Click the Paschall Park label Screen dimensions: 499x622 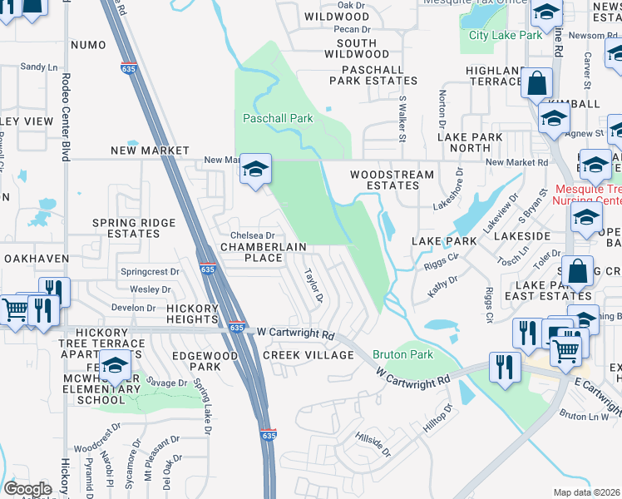pos(278,119)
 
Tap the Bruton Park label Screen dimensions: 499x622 pos(402,355)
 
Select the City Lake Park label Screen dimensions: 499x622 pos(506,35)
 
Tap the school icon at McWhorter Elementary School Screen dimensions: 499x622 pos(116,364)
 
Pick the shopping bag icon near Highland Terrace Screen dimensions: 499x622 pos(537,83)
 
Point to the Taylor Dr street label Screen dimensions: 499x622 pos(313,285)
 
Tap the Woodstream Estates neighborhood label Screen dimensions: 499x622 pos(391,180)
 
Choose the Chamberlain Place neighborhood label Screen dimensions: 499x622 pos(263,253)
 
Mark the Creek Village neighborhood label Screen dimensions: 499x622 pos(309,355)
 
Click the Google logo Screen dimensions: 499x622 pos(27,489)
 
